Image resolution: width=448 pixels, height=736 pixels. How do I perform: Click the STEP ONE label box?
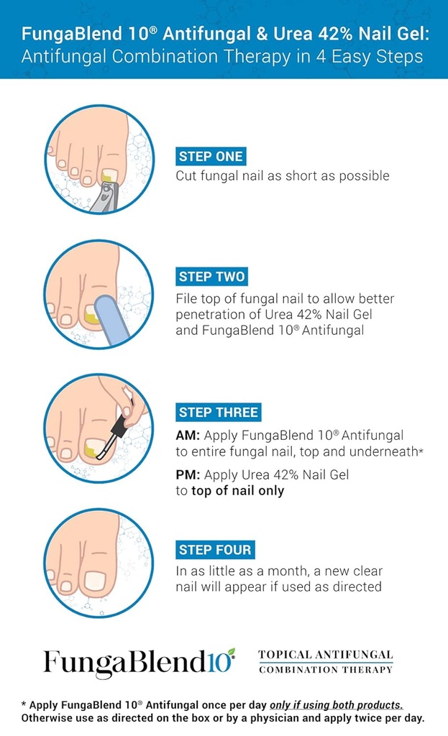click(210, 157)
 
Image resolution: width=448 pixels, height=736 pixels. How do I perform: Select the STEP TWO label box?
click(211, 277)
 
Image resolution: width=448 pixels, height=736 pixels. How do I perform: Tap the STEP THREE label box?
click(219, 413)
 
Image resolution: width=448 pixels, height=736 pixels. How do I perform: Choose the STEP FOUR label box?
click(215, 550)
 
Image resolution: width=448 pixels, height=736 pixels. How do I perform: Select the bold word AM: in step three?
click(188, 436)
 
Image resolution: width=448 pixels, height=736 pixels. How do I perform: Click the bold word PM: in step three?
click(188, 475)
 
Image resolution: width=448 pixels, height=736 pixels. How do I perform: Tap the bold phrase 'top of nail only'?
click(237, 491)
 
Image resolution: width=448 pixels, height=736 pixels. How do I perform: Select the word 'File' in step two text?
click(187, 298)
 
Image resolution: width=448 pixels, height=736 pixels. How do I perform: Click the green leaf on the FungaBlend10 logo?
click(232, 651)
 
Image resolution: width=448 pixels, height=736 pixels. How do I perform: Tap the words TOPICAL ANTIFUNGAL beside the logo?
click(326, 655)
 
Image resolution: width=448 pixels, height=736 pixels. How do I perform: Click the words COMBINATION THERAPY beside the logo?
click(326, 670)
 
